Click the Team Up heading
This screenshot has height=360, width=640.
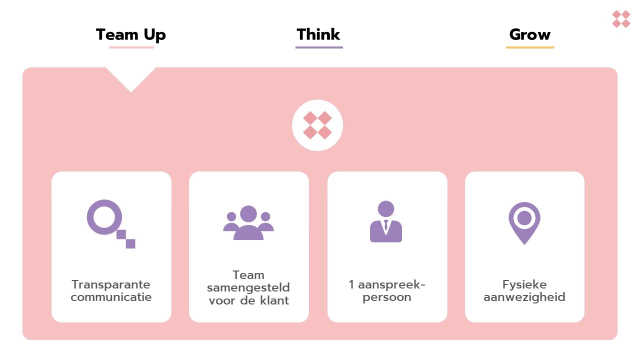[x=130, y=35]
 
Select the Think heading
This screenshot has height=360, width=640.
[x=318, y=34]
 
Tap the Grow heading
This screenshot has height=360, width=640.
[x=530, y=35]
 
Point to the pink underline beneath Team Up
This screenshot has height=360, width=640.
[x=131, y=47]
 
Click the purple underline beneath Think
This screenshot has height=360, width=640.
[x=319, y=47]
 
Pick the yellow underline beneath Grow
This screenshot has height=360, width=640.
[x=530, y=47]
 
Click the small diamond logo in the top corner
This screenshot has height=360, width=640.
[x=621, y=19]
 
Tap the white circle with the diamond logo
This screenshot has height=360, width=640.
[x=317, y=125]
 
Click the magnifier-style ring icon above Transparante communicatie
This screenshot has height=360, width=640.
[x=105, y=217]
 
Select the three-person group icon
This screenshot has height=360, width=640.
[x=248, y=223]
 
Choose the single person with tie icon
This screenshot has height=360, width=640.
[x=386, y=222]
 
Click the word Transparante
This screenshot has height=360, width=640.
[x=111, y=284]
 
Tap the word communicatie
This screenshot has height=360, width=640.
[x=111, y=297]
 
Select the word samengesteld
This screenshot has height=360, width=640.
[x=248, y=288]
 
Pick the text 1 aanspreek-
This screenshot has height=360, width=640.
[x=387, y=284]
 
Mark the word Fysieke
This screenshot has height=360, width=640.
[x=524, y=284]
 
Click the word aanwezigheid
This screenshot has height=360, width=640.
[x=524, y=297]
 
